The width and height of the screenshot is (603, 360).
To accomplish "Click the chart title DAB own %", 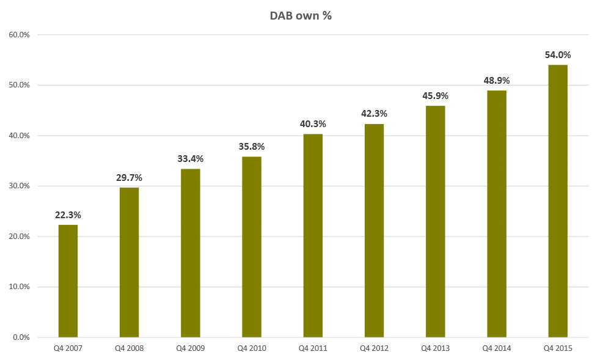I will click(x=301, y=17).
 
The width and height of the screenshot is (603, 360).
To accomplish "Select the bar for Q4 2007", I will click(x=68, y=281).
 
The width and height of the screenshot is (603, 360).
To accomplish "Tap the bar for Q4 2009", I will click(x=190, y=253).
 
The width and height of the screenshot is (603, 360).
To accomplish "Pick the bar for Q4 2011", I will click(x=313, y=235).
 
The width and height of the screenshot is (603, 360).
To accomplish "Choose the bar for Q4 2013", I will click(x=435, y=221).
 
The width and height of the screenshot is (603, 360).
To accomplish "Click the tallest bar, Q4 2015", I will click(x=557, y=201).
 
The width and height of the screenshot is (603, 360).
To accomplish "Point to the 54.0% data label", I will click(x=557, y=55).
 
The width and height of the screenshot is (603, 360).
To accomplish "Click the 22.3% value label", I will click(x=68, y=215).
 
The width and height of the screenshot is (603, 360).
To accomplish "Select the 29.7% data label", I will click(x=129, y=178).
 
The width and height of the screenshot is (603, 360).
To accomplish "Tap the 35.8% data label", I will click(x=251, y=147).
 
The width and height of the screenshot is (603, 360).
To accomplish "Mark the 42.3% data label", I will click(x=374, y=114).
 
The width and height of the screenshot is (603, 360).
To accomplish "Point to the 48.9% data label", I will click(x=496, y=81).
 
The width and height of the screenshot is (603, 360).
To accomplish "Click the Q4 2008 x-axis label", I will click(x=129, y=348).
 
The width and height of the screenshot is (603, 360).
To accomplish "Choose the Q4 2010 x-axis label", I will click(x=251, y=348).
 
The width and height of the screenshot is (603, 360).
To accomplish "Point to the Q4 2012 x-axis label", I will click(x=374, y=348).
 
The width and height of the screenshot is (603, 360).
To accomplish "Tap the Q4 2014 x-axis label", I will click(x=496, y=348).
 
